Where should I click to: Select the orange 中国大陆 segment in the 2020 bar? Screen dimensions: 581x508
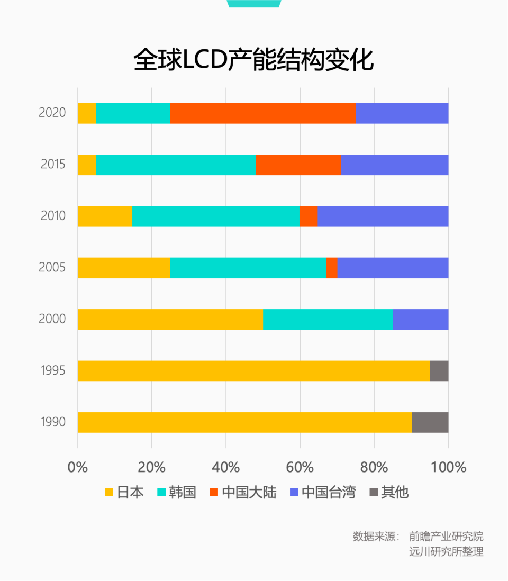[263, 113]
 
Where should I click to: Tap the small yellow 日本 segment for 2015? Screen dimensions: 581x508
[87, 165]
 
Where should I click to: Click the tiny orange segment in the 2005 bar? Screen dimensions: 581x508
[331, 268]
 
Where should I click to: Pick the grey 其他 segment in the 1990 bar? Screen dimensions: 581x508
[430, 422]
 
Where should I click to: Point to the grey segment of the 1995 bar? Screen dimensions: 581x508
[439, 370]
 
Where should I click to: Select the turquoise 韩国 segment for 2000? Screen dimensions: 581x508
[328, 319]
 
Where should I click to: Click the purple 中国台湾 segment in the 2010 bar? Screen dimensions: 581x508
[383, 216]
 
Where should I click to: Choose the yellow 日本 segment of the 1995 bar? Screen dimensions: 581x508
[253, 370]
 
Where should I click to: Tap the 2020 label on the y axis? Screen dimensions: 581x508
[52, 113]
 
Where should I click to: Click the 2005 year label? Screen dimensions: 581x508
[52, 267]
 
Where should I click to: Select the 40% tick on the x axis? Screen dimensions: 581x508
[226, 468]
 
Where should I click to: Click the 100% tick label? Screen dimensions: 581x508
[448, 468]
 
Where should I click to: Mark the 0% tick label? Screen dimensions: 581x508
[78, 468]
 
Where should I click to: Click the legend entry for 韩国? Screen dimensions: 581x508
[177, 492]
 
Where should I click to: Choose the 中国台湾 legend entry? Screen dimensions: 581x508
[323, 492]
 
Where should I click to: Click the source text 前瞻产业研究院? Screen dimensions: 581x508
[446, 536]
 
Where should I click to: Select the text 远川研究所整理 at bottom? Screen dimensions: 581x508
[446, 551]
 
